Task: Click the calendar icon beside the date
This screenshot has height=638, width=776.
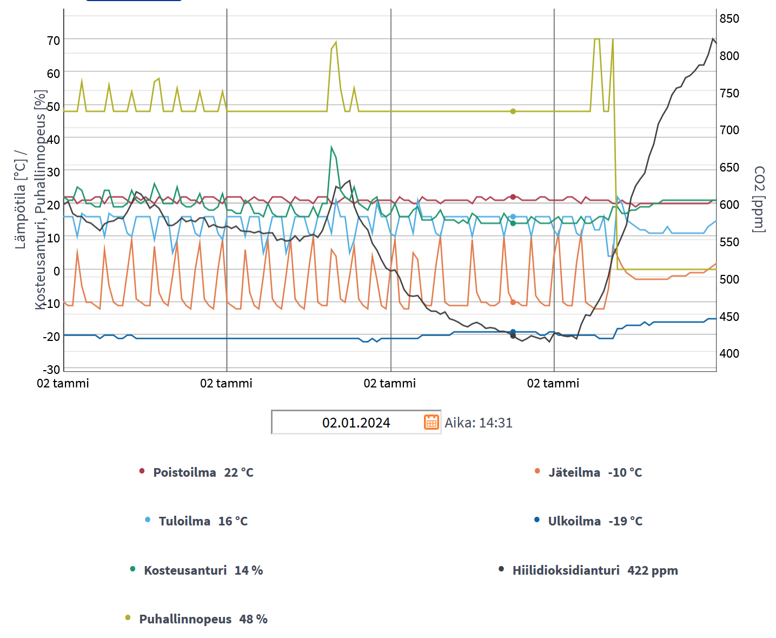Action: [x=431, y=422]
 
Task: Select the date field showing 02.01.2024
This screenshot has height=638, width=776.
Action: [x=356, y=423]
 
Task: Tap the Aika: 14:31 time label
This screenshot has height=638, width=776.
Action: [x=478, y=423]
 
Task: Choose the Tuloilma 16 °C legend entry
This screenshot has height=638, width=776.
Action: [x=203, y=521]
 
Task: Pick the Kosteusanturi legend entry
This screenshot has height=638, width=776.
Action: [x=203, y=570]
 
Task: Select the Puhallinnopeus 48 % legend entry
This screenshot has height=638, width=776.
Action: [x=203, y=619]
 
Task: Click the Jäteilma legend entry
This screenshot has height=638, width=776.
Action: [x=595, y=472]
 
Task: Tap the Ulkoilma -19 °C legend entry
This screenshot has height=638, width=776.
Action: [x=595, y=521]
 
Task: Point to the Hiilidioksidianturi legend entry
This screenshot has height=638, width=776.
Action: [x=595, y=570]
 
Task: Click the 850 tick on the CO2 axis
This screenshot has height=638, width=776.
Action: [x=729, y=18]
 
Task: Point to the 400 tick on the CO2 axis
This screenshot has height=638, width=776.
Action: [x=729, y=353]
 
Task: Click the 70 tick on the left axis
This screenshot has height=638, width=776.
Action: [x=54, y=41]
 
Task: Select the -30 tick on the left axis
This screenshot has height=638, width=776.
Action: [x=52, y=370]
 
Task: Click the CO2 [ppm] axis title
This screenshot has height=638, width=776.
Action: [x=759, y=199]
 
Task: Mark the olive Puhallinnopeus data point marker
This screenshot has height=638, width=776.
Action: [x=513, y=111]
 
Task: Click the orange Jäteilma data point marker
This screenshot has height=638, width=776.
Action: [x=513, y=302]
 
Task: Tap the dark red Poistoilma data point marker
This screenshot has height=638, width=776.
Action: [x=513, y=197]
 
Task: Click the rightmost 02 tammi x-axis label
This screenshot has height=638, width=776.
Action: [x=553, y=384]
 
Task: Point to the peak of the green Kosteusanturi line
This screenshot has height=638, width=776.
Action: [x=331, y=147]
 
